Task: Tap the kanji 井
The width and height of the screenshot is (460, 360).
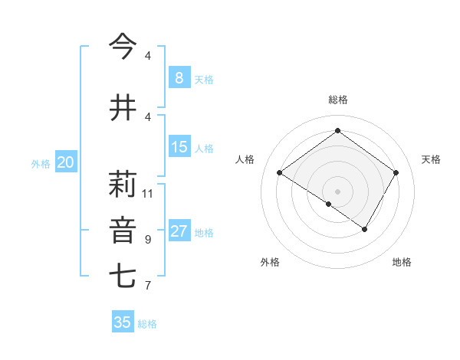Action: (123, 106)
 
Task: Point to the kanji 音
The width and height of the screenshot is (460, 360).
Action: (123, 231)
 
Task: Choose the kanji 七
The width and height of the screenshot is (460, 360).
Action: (123, 277)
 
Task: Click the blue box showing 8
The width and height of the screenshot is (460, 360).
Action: (179, 77)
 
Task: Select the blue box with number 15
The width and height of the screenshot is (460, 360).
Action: (179, 147)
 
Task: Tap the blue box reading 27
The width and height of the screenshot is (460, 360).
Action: (179, 231)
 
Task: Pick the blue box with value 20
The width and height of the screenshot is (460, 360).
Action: (66, 162)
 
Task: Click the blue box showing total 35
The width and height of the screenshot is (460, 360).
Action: (123, 322)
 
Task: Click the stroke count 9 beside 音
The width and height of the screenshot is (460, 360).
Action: (148, 240)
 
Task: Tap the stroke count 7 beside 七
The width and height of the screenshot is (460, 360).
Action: (148, 286)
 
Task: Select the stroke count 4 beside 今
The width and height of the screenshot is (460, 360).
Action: (148, 56)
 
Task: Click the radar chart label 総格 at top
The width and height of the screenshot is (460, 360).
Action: (337, 100)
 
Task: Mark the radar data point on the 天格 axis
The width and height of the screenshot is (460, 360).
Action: (396, 173)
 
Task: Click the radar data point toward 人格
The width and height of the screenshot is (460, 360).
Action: (279, 173)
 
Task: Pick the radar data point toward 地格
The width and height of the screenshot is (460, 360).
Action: (365, 229)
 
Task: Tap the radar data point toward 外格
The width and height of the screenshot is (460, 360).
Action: (329, 204)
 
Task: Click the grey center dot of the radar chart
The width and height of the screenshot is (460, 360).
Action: (337, 191)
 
